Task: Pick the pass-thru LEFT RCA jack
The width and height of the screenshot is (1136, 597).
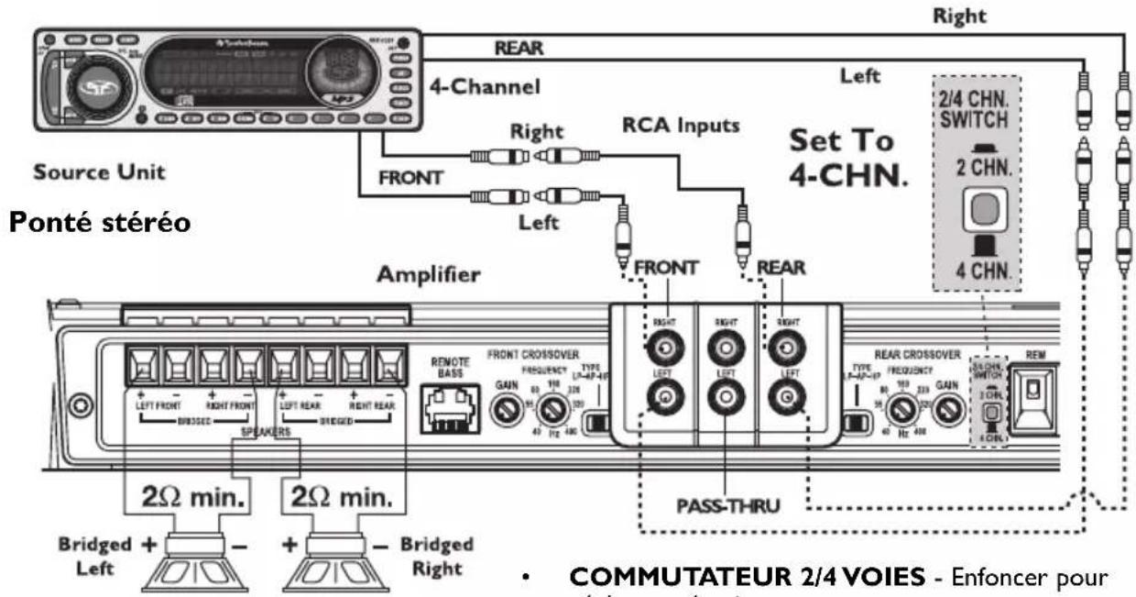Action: tap(725, 399)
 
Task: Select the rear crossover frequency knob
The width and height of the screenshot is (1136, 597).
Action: tap(904, 408)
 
